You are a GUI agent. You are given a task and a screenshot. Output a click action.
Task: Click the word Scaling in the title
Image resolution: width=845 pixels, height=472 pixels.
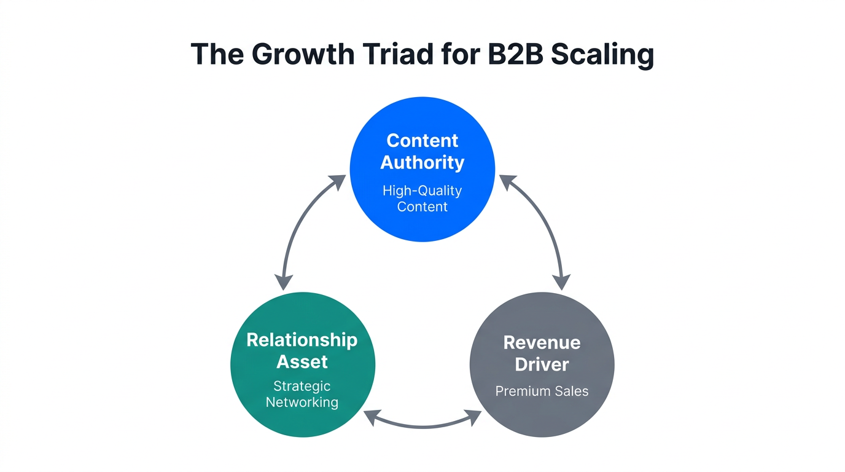(x=602, y=55)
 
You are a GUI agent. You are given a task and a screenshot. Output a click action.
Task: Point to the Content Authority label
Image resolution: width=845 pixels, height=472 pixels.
(x=422, y=151)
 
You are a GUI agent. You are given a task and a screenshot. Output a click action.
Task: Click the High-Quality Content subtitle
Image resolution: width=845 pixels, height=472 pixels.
(x=422, y=199)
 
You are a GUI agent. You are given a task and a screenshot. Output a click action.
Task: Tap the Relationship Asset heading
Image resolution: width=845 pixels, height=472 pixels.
(x=302, y=350)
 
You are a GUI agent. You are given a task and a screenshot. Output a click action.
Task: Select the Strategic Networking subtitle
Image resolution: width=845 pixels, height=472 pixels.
(x=302, y=394)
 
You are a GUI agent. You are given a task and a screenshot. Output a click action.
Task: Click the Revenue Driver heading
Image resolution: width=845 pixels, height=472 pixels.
(x=542, y=353)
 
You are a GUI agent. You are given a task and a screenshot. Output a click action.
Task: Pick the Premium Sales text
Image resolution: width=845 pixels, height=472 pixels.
(x=542, y=391)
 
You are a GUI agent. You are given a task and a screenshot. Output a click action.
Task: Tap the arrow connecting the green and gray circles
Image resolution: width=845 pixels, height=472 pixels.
(x=422, y=424)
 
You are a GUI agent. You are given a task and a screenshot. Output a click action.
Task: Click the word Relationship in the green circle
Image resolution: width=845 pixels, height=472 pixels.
(x=302, y=340)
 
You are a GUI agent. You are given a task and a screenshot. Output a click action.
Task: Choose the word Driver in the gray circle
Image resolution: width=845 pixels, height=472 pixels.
(x=542, y=364)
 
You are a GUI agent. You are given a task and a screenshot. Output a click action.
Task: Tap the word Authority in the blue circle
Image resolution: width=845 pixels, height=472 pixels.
(x=422, y=162)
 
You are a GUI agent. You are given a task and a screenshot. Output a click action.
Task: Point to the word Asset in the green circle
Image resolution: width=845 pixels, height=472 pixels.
(x=302, y=361)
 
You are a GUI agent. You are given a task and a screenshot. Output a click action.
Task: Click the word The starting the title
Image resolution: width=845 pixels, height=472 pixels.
(x=218, y=55)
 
